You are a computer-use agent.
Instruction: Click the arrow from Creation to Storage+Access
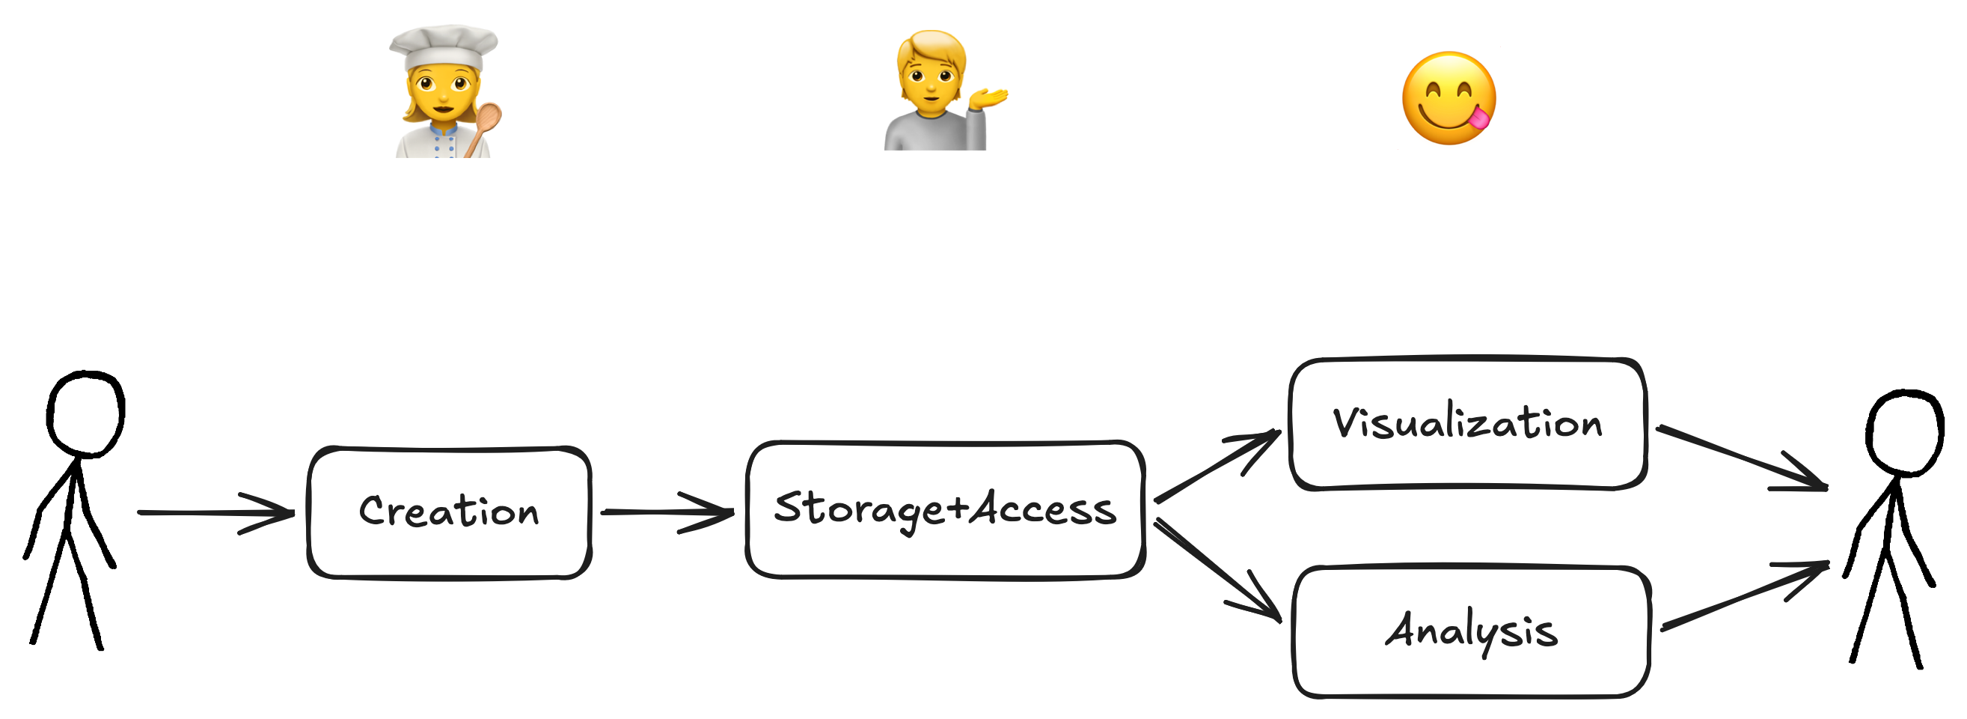(667, 512)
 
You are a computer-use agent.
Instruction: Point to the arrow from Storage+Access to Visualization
(1218, 465)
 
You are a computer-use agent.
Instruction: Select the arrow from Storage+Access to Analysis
(1218, 570)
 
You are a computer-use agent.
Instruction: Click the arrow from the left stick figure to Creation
(216, 513)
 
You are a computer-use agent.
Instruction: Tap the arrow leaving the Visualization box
(1742, 458)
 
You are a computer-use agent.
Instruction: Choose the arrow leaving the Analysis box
(1746, 596)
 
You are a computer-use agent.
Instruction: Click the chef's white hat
(443, 47)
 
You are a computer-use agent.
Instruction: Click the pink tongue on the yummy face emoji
(1478, 118)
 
